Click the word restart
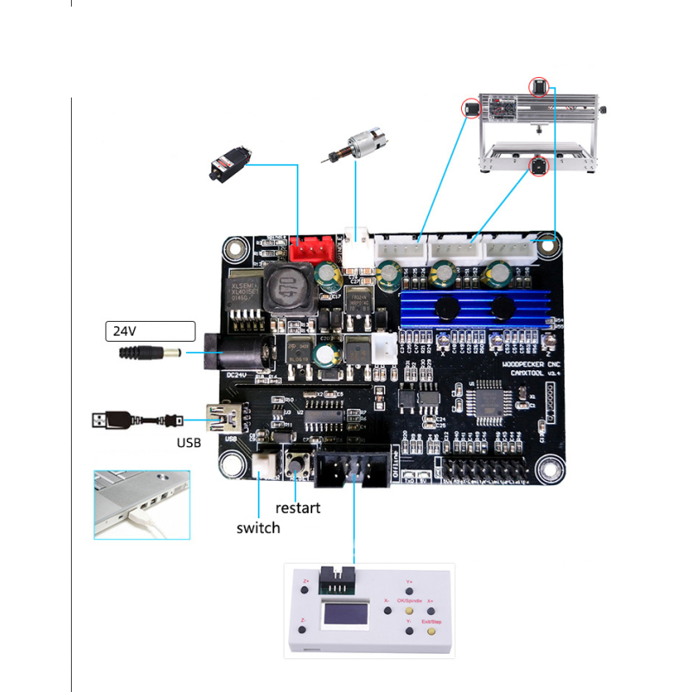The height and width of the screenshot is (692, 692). coord(298,508)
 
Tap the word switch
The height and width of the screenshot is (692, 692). coord(259,528)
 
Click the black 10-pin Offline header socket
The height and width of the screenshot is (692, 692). coord(353,471)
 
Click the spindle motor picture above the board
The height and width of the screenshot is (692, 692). coord(354,146)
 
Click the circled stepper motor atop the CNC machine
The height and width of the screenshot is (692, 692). coord(541,86)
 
